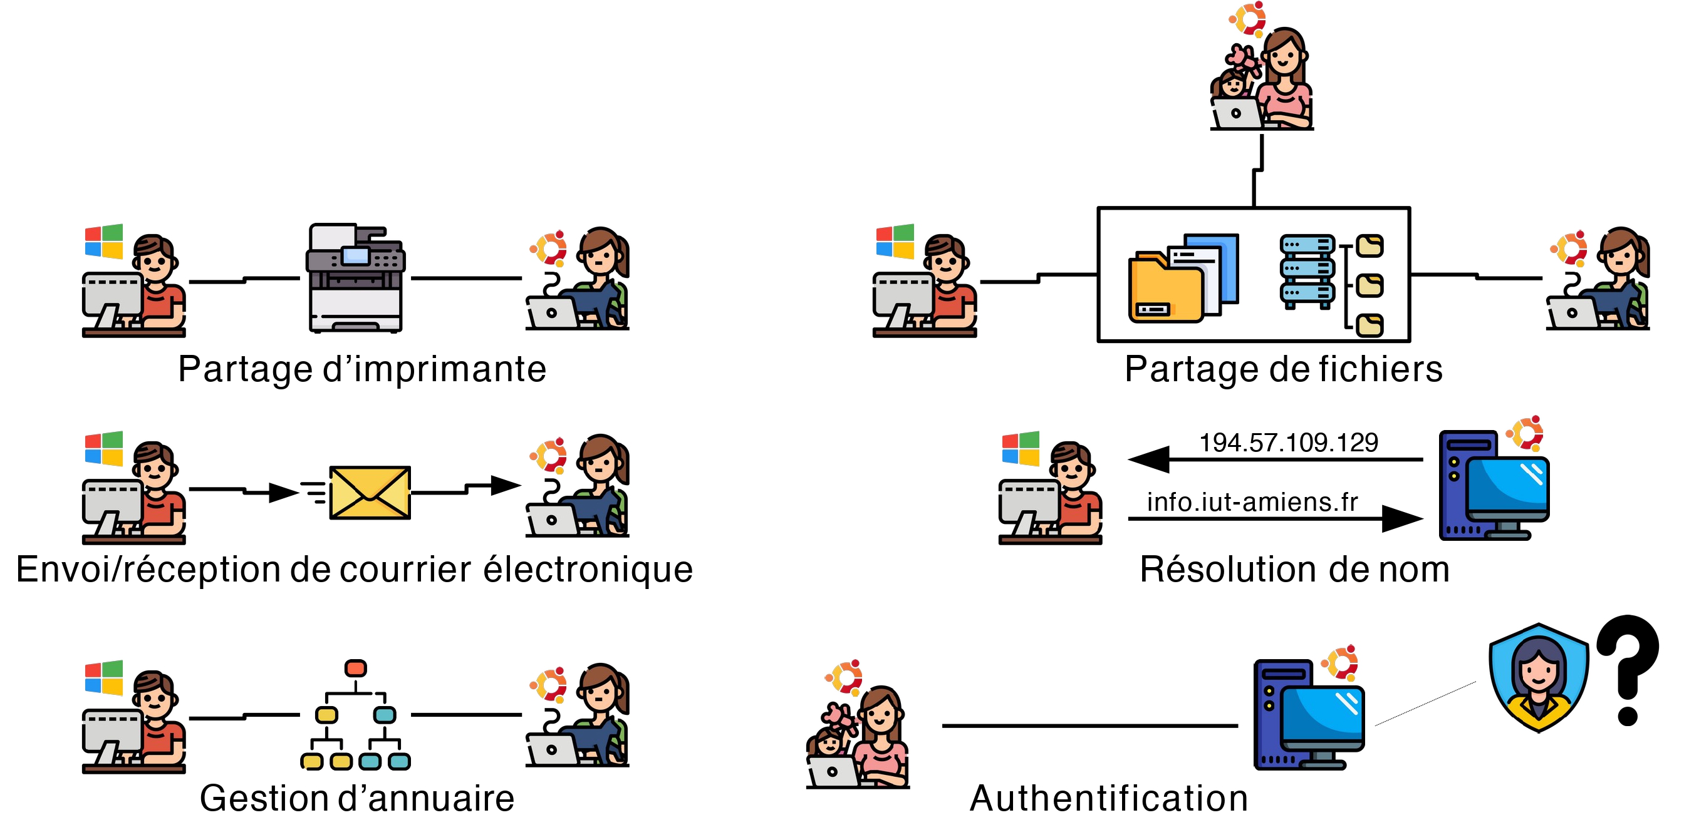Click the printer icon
356,278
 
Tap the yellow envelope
370,492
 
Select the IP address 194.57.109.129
1289,443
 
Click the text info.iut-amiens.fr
1252,502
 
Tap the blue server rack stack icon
1307,270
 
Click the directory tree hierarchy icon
356,715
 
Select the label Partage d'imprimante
362,369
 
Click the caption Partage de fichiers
1283,369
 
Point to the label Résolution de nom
1294,569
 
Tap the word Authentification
1109,798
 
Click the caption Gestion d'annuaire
357,798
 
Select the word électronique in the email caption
588,569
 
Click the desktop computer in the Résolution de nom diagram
1494,486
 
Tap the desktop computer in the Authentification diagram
1309,715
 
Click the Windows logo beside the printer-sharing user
104,242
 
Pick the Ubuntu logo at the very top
1247,18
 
